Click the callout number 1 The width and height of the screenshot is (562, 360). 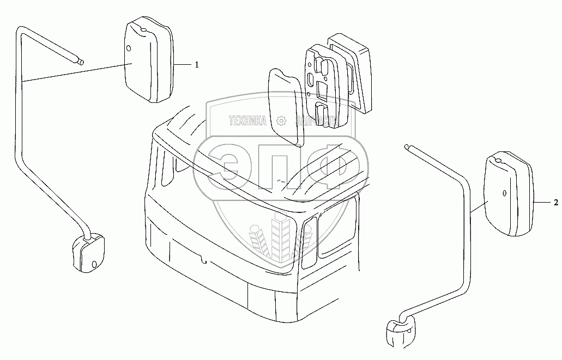pyautogui.click(x=197, y=65)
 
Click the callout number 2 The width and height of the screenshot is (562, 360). pyautogui.click(x=555, y=203)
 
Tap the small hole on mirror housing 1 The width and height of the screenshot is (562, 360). pyautogui.click(x=129, y=49)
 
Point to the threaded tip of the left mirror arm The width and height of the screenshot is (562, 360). pyautogui.click(x=80, y=62)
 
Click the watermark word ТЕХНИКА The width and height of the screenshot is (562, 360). pyautogui.click(x=247, y=120)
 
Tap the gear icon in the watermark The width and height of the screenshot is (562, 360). pyautogui.click(x=281, y=120)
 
